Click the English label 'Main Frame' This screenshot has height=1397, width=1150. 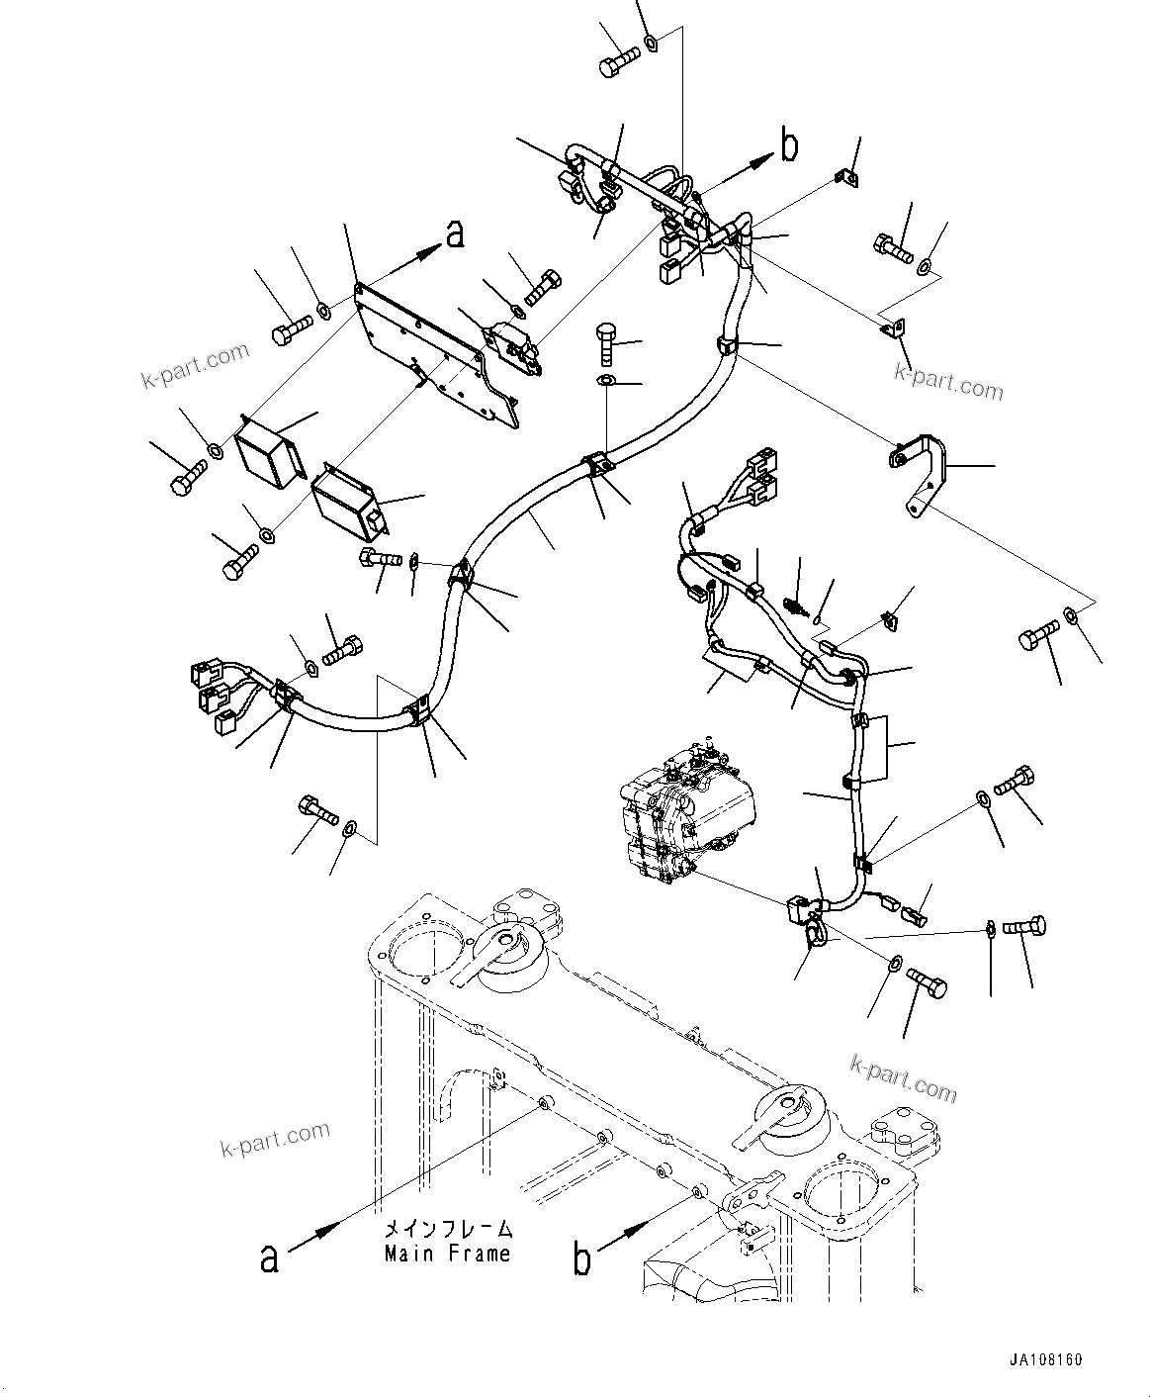(448, 1254)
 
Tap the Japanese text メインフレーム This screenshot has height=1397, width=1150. (448, 1230)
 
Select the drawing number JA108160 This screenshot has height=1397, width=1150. (1046, 1359)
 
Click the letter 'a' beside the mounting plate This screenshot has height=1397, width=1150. (454, 234)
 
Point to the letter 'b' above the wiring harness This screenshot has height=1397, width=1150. (789, 146)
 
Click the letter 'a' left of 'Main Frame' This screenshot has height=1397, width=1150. (268, 1257)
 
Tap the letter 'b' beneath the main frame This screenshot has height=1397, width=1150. (583, 1259)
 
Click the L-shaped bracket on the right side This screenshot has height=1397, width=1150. (919, 470)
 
